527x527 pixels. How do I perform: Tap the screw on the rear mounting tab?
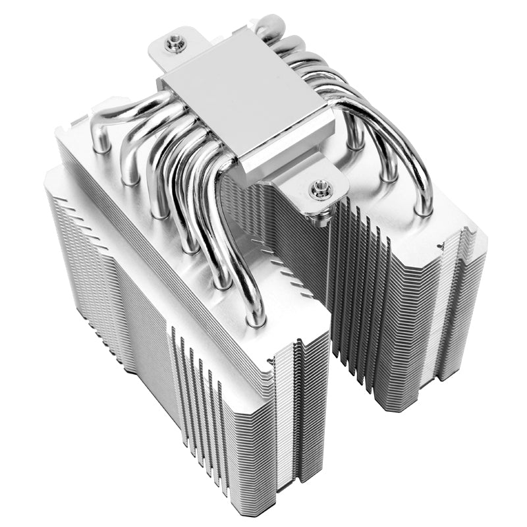coord(174,43)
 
